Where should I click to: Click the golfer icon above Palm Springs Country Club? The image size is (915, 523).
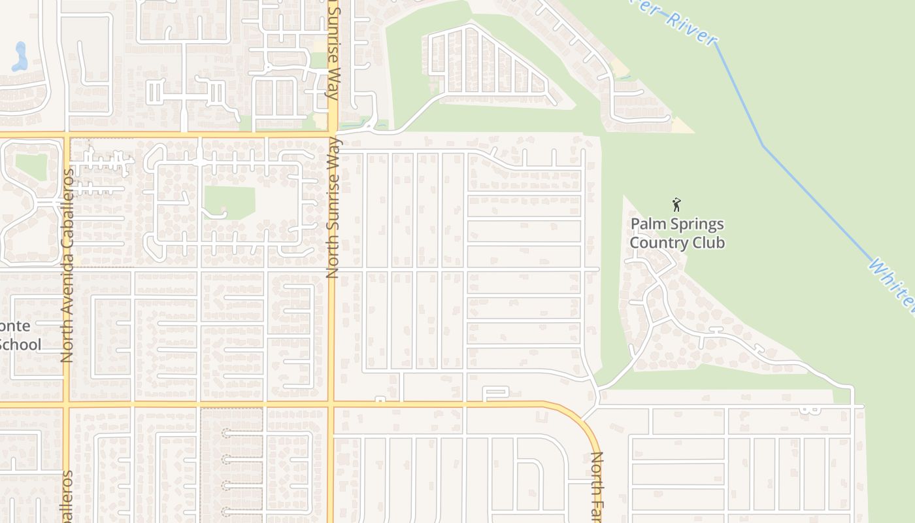click(676, 205)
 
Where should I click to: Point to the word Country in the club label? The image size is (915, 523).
click(656, 243)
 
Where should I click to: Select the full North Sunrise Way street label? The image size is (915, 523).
click(333, 207)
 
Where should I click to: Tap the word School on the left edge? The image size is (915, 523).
click(20, 345)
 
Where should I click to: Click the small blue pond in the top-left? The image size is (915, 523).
click(20, 56)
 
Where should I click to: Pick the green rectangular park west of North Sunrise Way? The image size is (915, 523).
click(229, 202)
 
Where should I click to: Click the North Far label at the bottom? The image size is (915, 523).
click(596, 487)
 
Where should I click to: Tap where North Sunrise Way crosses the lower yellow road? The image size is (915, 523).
click(331, 405)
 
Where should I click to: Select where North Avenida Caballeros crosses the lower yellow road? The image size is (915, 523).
click(67, 406)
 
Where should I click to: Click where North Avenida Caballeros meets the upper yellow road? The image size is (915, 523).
click(67, 135)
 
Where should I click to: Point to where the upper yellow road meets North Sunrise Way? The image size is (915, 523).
click(332, 135)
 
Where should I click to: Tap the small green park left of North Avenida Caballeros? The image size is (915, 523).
click(31, 166)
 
